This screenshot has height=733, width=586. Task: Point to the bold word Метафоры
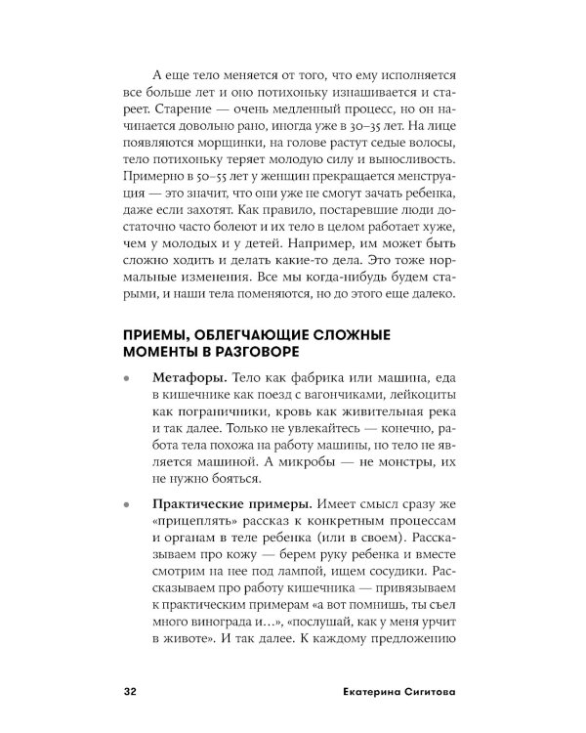(x=186, y=376)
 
